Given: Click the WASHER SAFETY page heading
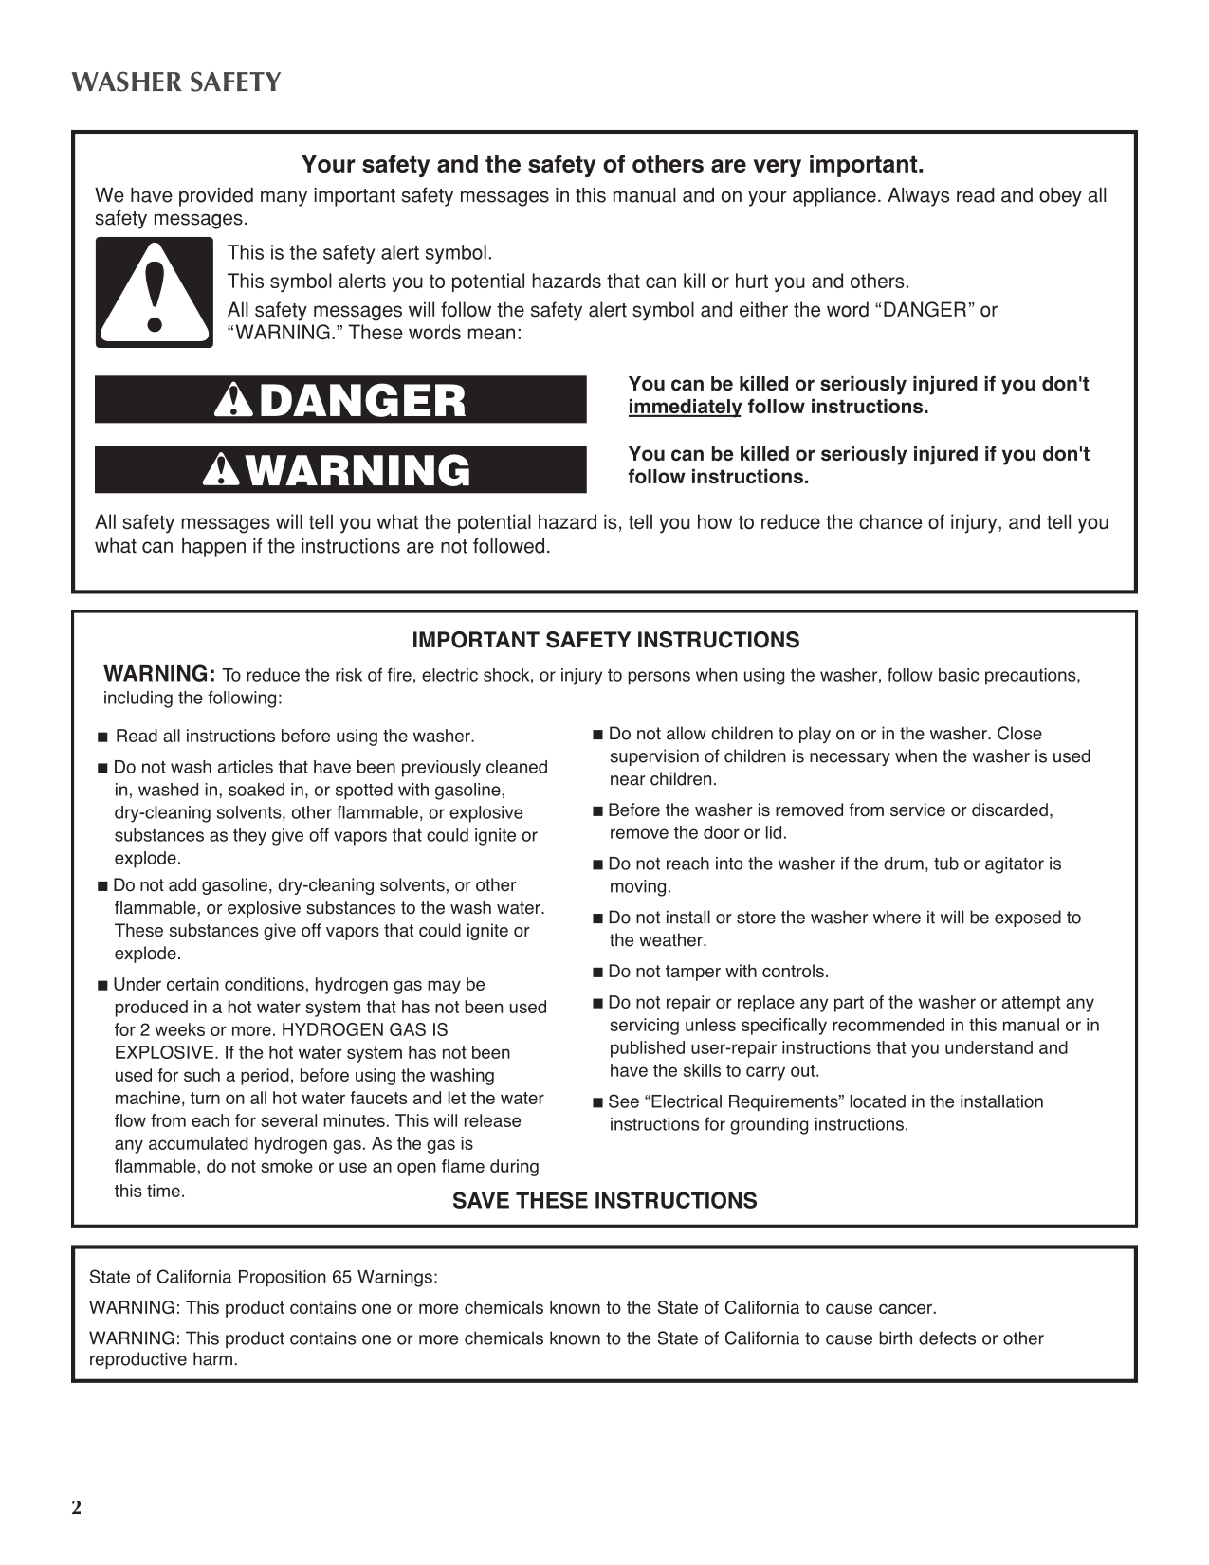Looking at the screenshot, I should point(176,82).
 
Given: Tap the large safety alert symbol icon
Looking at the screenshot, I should point(154,293).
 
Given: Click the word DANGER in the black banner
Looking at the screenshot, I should point(362,401).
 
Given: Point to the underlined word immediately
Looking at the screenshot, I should point(684,408).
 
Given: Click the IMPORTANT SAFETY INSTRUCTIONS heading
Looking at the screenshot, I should point(605,641).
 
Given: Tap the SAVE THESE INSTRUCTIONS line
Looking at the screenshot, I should point(604,1201).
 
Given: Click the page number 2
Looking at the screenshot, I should point(77,1508).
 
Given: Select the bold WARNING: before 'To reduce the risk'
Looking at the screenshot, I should point(159,675).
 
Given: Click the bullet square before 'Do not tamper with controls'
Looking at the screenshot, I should point(597,973).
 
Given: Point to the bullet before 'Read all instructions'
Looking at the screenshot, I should point(103,737).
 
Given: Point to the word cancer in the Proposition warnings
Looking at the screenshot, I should point(907,1308).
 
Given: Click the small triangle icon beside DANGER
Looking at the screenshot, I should point(231,402).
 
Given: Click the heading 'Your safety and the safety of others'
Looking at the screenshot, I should point(612,166).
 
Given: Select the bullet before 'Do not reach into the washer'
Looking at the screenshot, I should point(597,865).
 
